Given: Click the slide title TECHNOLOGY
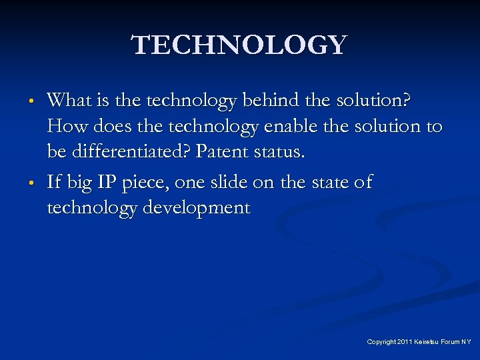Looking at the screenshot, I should [240, 45].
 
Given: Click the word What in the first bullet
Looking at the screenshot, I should [69, 101].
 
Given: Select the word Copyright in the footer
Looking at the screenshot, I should [381, 341].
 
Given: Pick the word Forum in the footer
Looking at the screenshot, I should [451, 341].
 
